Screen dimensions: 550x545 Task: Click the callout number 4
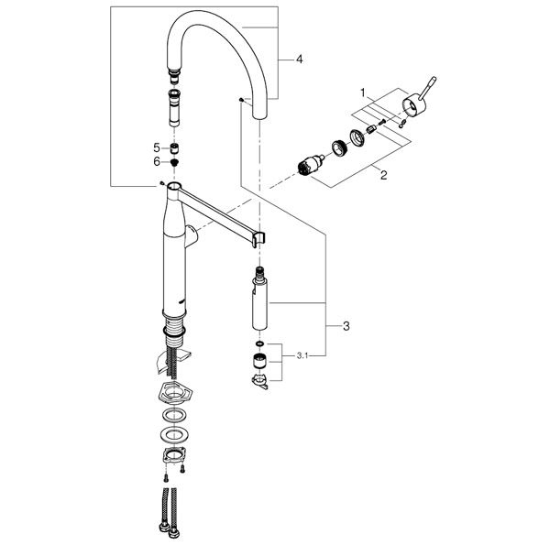pos(299,60)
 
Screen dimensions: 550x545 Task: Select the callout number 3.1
pos(302,356)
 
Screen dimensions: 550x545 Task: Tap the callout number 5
pos(157,147)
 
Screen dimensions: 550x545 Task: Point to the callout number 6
pos(157,161)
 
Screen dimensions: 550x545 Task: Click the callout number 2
pos(384,175)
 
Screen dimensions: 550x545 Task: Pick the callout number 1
pos(363,93)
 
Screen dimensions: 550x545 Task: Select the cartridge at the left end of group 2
pos(311,165)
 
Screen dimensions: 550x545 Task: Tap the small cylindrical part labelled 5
pos(174,148)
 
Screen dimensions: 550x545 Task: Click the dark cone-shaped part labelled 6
pos(174,162)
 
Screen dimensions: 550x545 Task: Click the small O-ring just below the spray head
pos(259,343)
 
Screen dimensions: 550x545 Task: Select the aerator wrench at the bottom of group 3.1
pos(259,381)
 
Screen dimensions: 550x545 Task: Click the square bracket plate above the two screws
pos(174,456)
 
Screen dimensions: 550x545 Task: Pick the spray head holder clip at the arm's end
pos(258,239)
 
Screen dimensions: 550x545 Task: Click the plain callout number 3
pos(346,326)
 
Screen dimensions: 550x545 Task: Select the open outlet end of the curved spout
pos(260,116)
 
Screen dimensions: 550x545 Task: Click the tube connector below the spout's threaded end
pos(174,107)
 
